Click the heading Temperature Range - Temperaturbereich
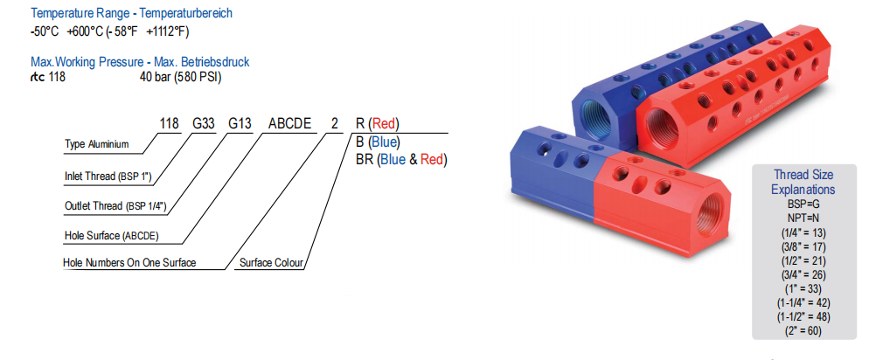(x=131, y=13)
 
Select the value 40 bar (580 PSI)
(x=180, y=78)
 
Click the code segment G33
(x=204, y=123)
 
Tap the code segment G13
(x=240, y=123)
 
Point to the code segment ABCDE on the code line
(x=289, y=123)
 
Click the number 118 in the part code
(x=170, y=123)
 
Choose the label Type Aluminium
(x=97, y=144)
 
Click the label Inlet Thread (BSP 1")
(x=108, y=177)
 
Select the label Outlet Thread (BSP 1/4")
(x=115, y=206)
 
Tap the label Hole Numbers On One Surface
(x=129, y=262)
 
